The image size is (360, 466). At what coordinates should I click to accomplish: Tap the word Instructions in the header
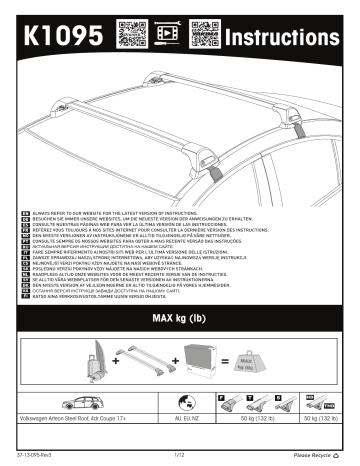(291, 35)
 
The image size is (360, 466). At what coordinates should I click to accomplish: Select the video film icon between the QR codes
(166, 34)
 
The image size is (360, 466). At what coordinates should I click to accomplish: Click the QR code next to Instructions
(202, 34)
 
